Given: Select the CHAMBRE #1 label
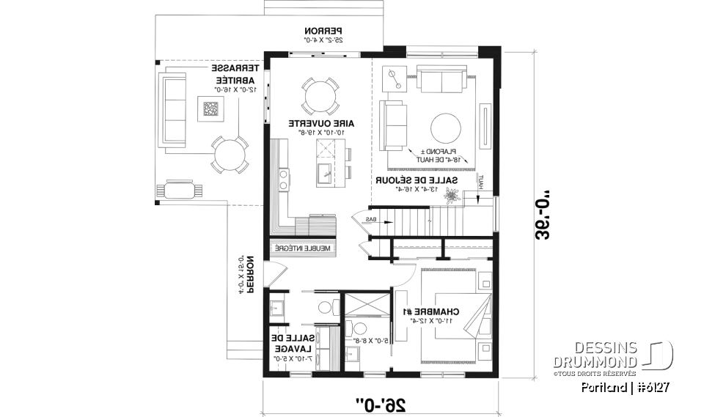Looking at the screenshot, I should click(447, 312).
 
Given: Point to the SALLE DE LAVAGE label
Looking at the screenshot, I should click(290, 344).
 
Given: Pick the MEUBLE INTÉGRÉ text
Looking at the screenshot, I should click(303, 248).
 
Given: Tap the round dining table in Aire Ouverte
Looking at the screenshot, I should click(320, 95).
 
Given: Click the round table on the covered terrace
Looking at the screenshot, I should click(230, 155).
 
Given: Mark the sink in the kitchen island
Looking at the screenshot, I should click(323, 173).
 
